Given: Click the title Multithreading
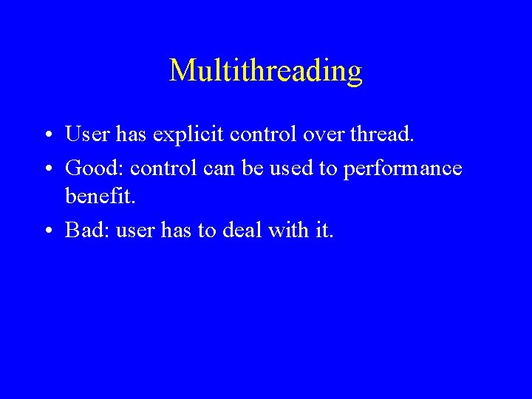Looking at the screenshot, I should [x=266, y=71].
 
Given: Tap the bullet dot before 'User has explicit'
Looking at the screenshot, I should [x=47, y=136].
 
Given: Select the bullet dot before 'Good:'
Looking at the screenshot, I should [x=47, y=169].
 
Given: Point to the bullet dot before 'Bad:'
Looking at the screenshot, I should [x=47, y=231].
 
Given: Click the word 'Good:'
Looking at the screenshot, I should [x=94, y=168].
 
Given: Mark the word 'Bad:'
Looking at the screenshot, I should [x=86, y=230].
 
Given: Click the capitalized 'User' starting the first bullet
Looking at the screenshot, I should [x=87, y=134].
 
